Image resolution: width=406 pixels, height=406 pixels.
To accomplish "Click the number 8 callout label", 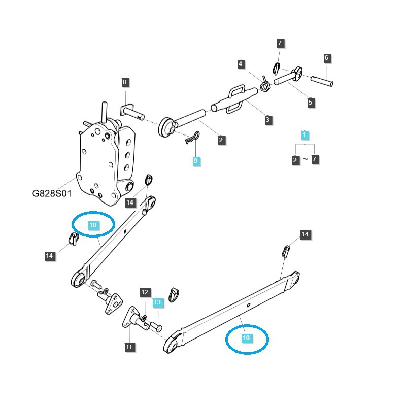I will (x=124, y=82).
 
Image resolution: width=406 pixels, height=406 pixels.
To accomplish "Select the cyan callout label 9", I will (x=196, y=161).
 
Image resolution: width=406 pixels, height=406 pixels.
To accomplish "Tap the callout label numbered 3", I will (x=268, y=120).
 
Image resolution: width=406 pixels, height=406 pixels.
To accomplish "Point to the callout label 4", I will (x=241, y=64).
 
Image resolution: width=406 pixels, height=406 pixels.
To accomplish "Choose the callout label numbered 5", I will (x=311, y=103).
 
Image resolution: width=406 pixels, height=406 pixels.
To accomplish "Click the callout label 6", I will (x=326, y=58).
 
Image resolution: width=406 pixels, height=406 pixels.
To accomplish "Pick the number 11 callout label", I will (x=130, y=347).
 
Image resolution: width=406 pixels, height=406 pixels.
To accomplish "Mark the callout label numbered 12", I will (x=145, y=292).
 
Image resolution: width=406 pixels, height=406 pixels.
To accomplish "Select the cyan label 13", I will (x=157, y=303).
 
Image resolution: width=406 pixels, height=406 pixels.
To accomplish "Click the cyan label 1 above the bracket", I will (x=304, y=135).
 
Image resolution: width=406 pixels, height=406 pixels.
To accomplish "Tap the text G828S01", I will (x=52, y=194).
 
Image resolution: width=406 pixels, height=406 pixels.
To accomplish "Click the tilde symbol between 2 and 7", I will (x=305, y=160).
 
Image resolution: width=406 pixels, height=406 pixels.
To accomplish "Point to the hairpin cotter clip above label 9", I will (x=193, y=138).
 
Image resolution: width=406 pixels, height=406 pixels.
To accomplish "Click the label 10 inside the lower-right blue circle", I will (x=246, y=337).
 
